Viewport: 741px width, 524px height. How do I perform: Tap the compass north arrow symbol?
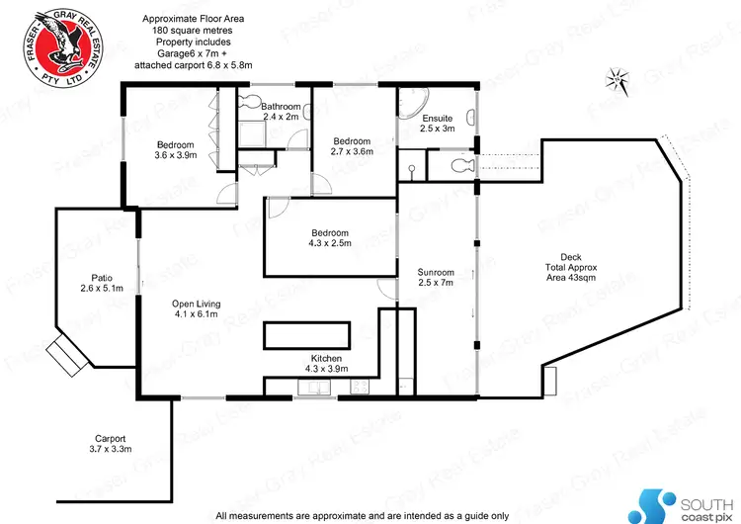[x=617, y=78]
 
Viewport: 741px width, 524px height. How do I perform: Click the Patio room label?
[x=100, y=283]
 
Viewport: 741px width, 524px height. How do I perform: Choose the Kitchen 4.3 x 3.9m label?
[x=326, y=363]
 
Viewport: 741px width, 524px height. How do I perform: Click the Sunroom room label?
[x=436, y=278]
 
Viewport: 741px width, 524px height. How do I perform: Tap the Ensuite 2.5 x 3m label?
[x=437, y=123]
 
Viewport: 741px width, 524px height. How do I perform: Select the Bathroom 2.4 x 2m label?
[x=280, y=111]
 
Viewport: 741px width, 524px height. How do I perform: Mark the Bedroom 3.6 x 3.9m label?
[x=176, y=149]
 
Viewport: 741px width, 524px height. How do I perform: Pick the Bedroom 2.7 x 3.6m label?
[x=351, y=145]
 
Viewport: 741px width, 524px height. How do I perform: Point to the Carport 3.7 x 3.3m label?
[x=110, y=443]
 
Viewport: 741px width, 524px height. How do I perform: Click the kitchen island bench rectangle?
[x=306, y=334]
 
